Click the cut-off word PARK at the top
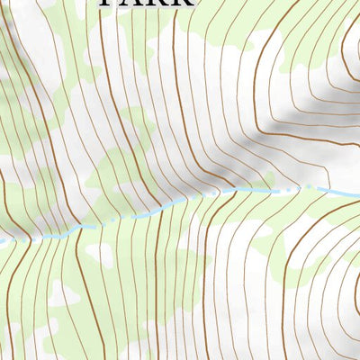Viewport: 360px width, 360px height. tap(145, 3)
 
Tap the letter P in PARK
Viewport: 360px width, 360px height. tap(108, 3)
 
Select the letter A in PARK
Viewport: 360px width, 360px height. tap(132, 3)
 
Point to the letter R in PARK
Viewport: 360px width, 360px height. tap(157, 3)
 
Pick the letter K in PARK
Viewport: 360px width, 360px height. tap(182, 3)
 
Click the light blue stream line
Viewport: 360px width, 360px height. tap(144, 211)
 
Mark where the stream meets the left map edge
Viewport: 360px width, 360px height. tap(2, 240)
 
